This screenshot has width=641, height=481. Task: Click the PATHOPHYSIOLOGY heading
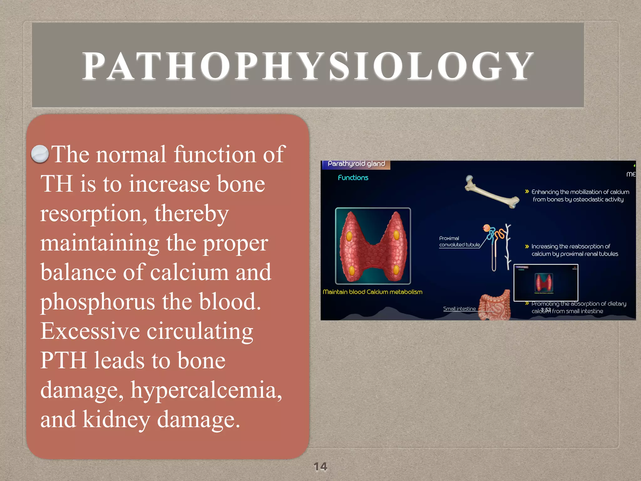coord(308,66)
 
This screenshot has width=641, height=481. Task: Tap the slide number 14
coord(320,466)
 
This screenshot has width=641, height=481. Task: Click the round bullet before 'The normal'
coord(40,154)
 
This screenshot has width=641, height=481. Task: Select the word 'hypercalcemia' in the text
coord(206,390)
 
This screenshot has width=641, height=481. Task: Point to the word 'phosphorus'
coord(97,302)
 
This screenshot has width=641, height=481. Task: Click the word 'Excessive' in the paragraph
coord(90,331)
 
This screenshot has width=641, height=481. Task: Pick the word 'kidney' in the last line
coord(116,420)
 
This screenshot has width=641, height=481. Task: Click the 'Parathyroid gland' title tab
coord(356,164)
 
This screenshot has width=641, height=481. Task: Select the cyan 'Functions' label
coord(353,178)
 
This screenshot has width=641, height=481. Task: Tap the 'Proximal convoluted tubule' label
coord(459,241)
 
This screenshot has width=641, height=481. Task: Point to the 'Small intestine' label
coord(459,309)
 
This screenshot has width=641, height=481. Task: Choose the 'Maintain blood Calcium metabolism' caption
coord(372,292)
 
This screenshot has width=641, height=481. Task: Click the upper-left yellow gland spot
coord(349,236)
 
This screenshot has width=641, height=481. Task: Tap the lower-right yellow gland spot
coord(396,269)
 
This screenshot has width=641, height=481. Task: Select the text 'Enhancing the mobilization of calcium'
coord(580,192)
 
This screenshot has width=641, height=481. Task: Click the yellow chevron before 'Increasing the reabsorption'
coord(527,246)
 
